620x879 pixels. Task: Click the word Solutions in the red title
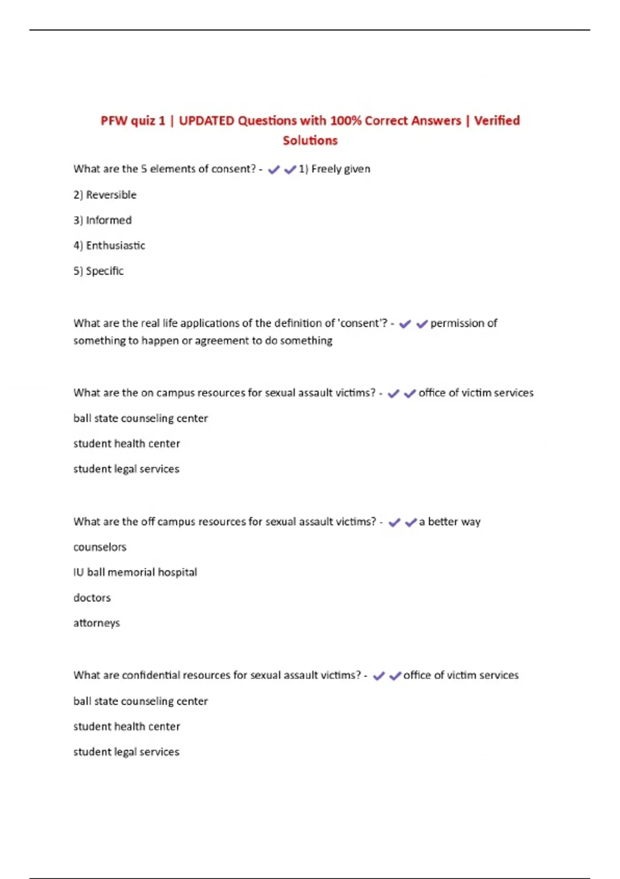pos(310,140)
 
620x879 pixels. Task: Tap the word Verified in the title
pos(497,120)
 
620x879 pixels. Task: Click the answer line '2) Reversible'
pos(105,195)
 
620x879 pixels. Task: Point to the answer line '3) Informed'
pos(102,220)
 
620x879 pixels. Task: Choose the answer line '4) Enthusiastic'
pos(109,246)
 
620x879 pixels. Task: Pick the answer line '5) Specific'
pos(98,271)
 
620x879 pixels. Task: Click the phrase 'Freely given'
pos(340,169)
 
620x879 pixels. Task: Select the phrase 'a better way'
pos(450,522)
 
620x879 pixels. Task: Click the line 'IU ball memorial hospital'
pos(135,572)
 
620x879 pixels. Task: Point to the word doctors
pos(92,598)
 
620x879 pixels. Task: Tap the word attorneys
pos(97,623)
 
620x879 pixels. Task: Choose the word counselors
pos(100,547)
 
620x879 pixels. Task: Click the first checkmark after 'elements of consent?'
pos(274,170)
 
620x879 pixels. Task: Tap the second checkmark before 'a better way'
pos(411,522)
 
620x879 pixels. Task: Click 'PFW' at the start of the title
pos(114,120)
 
